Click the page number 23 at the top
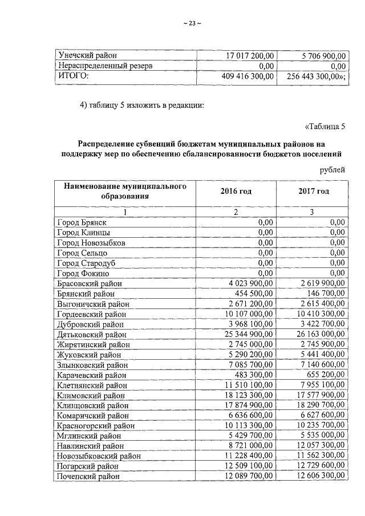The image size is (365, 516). pos(192,23)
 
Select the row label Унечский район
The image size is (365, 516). pos(86,56)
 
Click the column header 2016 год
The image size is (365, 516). pos(236,191)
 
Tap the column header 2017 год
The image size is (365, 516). pos(313,191)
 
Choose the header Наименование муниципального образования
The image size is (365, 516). pos(125,191)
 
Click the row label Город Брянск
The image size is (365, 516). pos(82,222)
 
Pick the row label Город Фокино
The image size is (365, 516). pos(83,273)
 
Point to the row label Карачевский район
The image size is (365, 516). pos(92,376)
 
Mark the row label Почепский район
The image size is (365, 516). pos(88,477)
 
